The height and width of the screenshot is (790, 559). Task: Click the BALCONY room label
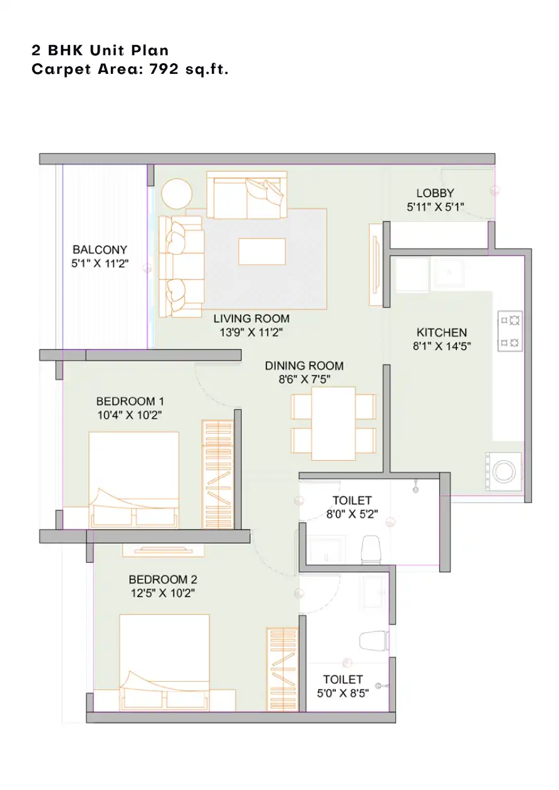(x=100, y=250)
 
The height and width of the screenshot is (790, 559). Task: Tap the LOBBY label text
(x=435, y=193)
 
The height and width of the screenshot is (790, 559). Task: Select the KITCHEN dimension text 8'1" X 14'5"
(x=441, y=346)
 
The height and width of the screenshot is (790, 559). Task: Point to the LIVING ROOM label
(x=251, y=319)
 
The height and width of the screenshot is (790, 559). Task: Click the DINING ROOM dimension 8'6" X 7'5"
(x=305, y=379)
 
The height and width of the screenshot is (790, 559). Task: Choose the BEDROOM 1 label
(x=130, y=401)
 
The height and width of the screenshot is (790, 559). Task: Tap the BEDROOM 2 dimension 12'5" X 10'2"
(x=163, y=593)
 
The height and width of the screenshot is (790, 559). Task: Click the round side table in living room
(x=177, y=193)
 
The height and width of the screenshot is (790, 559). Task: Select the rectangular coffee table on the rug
(x=262, y=251)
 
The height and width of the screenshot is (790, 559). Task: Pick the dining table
(x=333, y=423)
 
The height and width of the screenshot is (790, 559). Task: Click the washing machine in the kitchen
(x=504, y=471)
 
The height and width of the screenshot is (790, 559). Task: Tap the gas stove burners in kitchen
(x=510, y=331)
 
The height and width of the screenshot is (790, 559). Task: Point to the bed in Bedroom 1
(x=133, y=480)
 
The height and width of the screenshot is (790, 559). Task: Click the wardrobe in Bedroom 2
(x=282, y=669)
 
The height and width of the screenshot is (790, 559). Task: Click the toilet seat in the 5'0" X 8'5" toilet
(x=374, y=641)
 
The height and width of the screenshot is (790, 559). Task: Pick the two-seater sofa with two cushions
(x=247, y=195)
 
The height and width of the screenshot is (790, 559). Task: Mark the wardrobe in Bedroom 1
(x=218, y=474)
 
